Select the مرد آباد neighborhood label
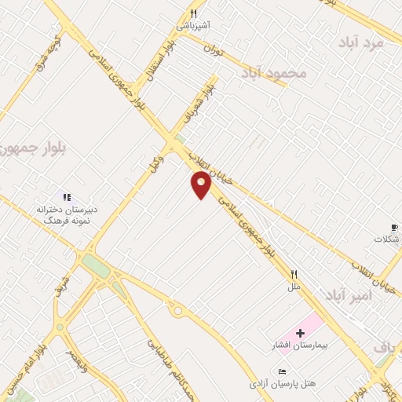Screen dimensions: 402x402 point(364,42)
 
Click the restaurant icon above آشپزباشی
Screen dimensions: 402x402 point(193,14)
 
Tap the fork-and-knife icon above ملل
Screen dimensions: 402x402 point(294,275)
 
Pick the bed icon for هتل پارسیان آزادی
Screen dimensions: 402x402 point(283,371)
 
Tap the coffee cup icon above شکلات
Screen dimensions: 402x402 point(386,226)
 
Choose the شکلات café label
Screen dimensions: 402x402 point(386,239)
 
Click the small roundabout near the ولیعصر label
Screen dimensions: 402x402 point(60,327)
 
